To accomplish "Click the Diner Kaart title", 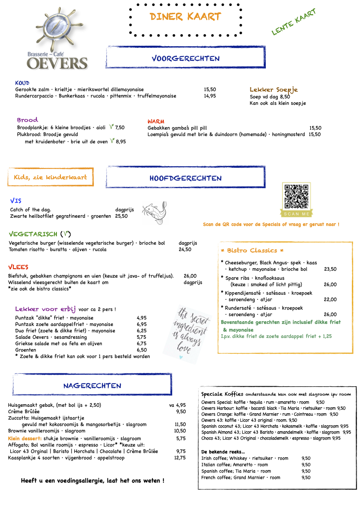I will pos(185,17).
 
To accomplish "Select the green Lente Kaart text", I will pos(294,22).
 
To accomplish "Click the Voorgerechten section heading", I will pos(185,58).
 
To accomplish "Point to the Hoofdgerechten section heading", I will pos(185,178).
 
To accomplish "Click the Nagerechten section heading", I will pos(92,385).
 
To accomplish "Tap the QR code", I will pos(296,196).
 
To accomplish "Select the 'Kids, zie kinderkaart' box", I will pos(50,177).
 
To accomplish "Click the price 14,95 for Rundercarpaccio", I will pos(210,96).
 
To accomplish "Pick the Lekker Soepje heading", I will pos(274,90).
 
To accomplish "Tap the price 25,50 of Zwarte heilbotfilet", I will pos(121,216).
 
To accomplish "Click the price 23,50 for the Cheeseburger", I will pos(330,269).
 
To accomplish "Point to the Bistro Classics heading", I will pos(252,250).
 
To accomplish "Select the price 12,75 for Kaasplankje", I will pos(180,457).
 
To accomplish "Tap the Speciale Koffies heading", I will pos(222,394).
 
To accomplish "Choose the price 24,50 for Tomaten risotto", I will pos(184,249).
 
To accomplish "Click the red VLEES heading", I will pos(18,267).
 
